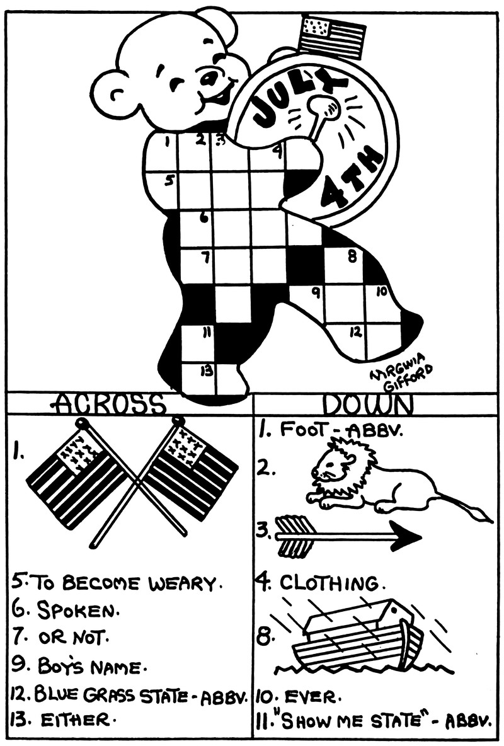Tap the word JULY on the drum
pyautogui.click(x=293, y=98)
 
